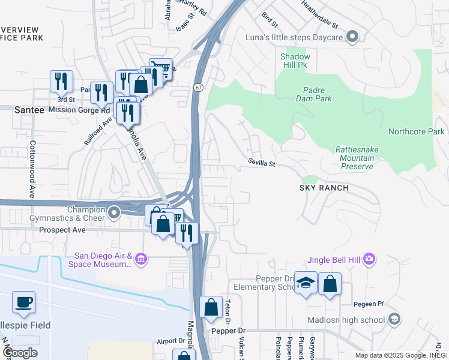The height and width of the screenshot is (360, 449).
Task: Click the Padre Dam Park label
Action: click(x=314, y=94)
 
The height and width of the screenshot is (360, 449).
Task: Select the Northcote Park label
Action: click(x=416, y=132)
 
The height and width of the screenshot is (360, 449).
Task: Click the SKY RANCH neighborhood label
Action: click(x=324, y=188)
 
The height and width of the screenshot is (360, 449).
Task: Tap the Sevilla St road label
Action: click(x=262, y=163)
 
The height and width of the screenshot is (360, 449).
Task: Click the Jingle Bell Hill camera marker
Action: click(x=369, y=259)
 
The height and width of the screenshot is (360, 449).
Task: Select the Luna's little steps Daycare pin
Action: click(x=352, y=38)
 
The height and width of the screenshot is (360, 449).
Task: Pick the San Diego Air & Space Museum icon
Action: click(x=141, y=259)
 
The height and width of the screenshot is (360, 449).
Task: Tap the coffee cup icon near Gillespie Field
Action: click(x=23, y=302)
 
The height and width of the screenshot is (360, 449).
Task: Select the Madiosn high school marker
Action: click(x=393, y=319)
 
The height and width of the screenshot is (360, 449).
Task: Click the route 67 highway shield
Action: click(x=197, y=88)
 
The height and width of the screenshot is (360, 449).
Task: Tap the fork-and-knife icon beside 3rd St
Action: click(x=61, y=82)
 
